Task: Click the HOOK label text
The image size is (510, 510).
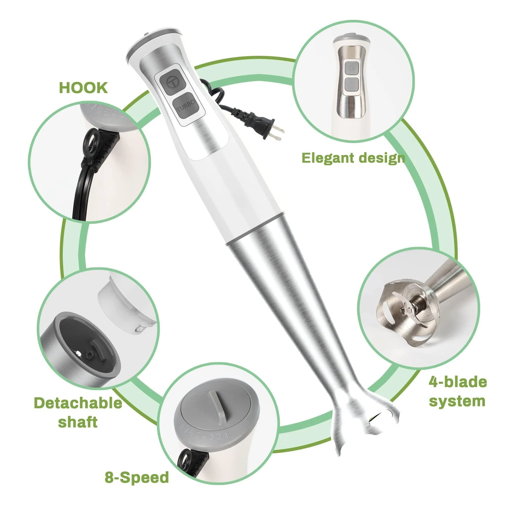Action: [83, 88]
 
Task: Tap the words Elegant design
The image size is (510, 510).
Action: [353, 158]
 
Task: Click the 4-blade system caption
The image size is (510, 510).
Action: [457, 392]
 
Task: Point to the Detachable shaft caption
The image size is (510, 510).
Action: [78, 412]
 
